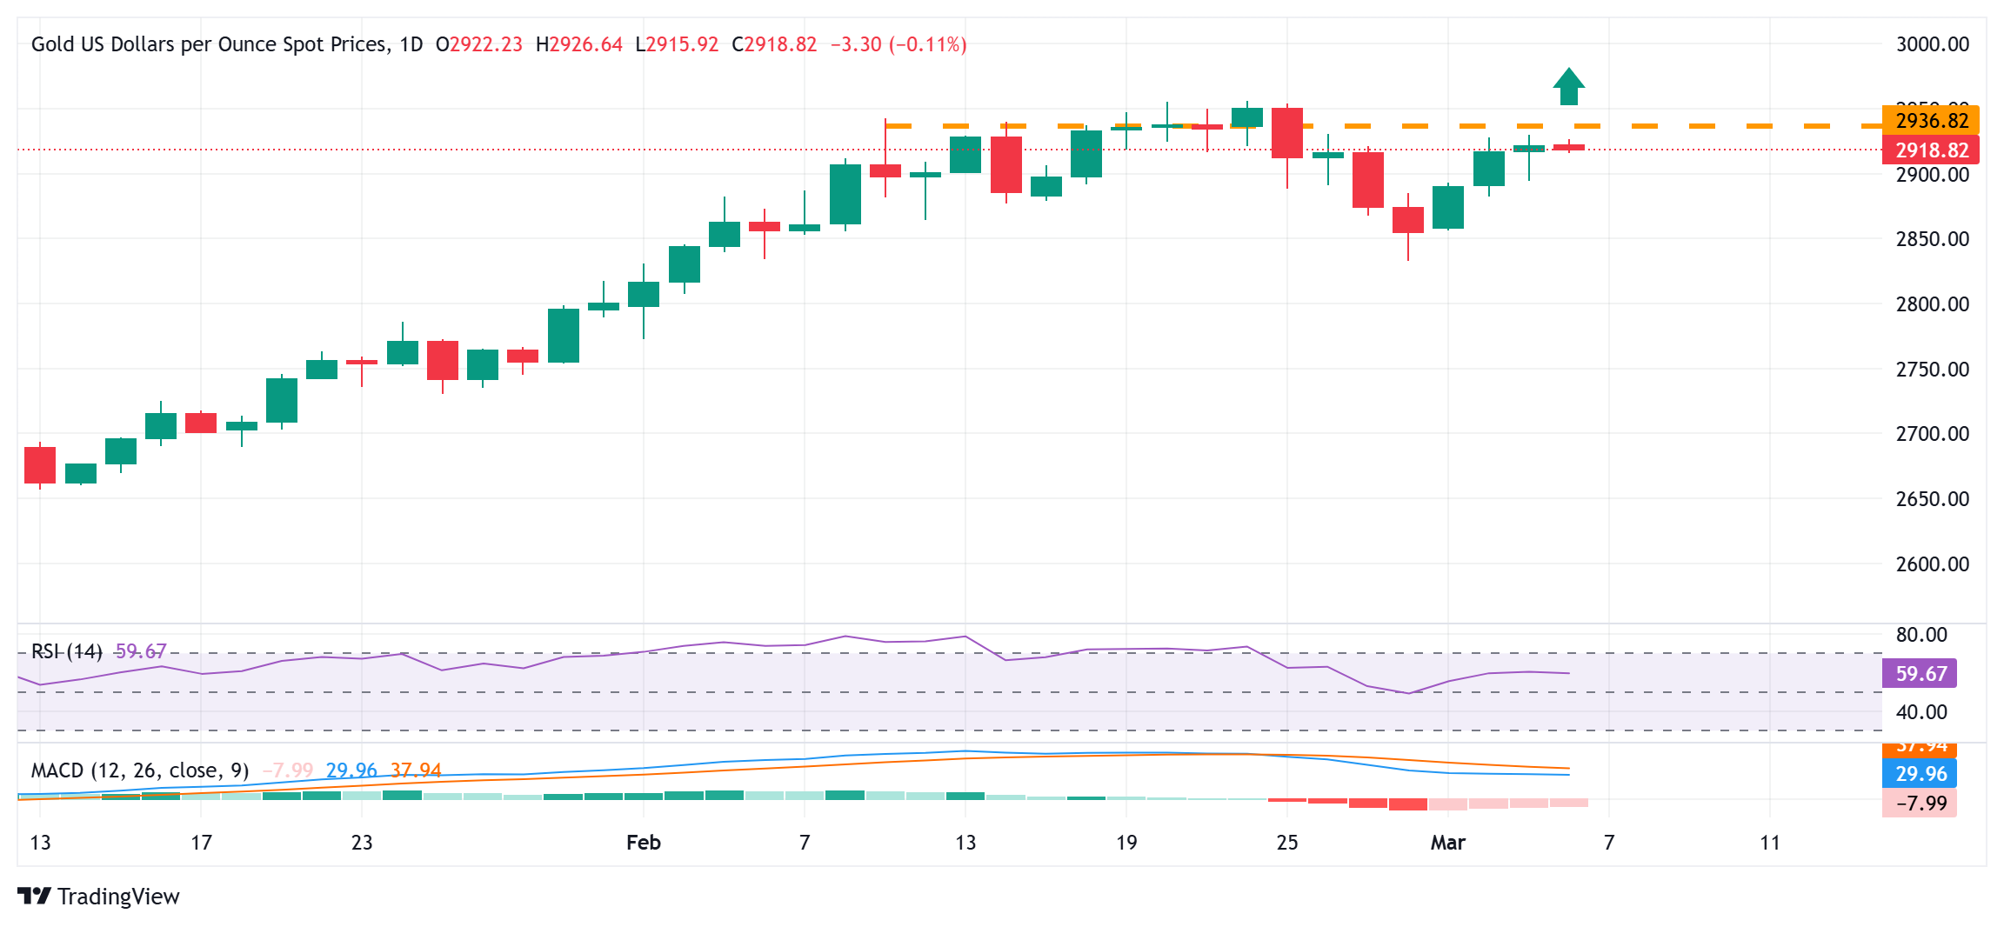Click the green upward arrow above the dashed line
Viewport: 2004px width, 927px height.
1568,86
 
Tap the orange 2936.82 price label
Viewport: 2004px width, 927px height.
1931,120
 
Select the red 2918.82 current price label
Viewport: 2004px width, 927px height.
1931,150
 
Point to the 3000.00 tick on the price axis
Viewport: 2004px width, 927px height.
1932,44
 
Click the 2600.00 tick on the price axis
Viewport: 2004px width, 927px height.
1932,564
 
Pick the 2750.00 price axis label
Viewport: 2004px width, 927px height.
1932,369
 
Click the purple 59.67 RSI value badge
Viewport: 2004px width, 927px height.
1920,673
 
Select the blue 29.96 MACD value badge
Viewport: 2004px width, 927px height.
1920,773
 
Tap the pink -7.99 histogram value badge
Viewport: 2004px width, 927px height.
1920,803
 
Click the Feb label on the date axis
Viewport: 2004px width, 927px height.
644,842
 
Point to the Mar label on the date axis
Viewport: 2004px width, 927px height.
1448,842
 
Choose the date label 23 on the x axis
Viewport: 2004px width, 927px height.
362,842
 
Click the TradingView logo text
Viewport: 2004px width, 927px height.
117,896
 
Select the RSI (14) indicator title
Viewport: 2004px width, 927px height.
66,651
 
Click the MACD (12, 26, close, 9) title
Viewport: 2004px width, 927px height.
139,770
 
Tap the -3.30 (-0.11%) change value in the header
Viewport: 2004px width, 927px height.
898,44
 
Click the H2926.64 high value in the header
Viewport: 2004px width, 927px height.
579,44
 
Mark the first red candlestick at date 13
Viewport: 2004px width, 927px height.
40,465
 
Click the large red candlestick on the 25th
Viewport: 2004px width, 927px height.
1287,133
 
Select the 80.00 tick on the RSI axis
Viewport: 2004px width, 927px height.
1921,634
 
